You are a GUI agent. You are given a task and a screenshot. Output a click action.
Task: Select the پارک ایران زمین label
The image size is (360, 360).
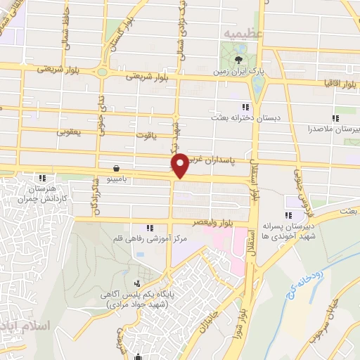coord(240,72)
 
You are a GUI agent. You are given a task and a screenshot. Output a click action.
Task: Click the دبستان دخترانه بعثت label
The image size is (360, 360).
coord(245,118)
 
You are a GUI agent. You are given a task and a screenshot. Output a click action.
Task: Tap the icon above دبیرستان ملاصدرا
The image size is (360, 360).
coord(335,117)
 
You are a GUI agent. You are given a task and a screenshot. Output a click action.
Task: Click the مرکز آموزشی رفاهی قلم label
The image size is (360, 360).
coord(148,239)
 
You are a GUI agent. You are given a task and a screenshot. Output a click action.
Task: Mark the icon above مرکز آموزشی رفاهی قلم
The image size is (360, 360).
coord(149,228)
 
